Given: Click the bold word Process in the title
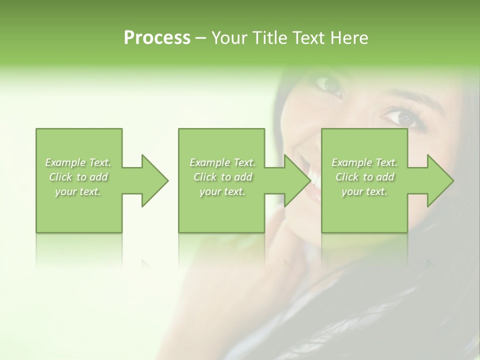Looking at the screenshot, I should pyautogui.click(x=157, y=38).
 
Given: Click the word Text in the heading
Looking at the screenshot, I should pyautogui.click(x=306, y=38).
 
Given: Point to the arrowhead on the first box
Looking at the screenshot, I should pyautogui.click(x=154, y=180).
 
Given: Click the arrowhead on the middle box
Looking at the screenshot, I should pyautogui.click(x=297, y=180).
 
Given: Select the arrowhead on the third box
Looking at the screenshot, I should pyautogui.click(x=440, y=180).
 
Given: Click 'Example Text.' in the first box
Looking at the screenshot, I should pyautogui.click(x=78, y=162).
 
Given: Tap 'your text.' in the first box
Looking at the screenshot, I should pyautogui.click(x=78, y=191).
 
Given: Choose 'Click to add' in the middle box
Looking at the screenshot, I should pyautogui.click(x=222, y=177).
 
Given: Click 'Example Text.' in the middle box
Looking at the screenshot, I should pyautogui.click(x=222, y=162).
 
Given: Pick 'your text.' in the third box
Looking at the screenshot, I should pyautogui.click(x=364, y=191).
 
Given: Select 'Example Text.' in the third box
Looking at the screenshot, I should pyautogui.click(x=364, y=162).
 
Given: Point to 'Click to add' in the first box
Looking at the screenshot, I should pyautogui.click(x=78, y=177).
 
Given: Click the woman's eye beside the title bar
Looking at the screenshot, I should pyautogui.click(x=330, y=86).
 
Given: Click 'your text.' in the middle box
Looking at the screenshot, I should pyautogui.click(x=222, y=191).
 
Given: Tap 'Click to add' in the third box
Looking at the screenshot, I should pyautogui.click(x=364, y=177).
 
